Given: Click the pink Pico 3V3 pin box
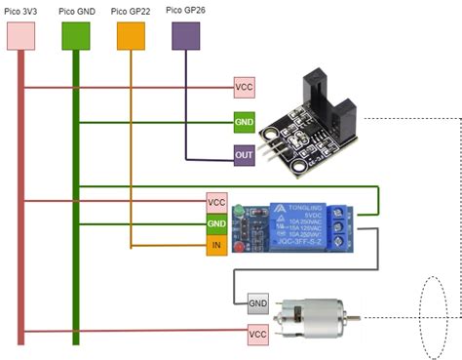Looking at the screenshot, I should [21, 36].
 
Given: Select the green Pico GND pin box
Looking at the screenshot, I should [75, 36].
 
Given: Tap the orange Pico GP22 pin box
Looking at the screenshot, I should [131, 36].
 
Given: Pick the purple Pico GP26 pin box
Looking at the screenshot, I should [185, 36].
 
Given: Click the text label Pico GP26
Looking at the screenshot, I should [185, 10].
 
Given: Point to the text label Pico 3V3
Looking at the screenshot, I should [21, 10].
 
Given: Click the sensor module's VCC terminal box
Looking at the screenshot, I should [244, 88].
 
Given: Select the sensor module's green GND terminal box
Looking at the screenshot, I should [244, 123].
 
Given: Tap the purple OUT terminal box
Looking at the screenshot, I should [244, 155].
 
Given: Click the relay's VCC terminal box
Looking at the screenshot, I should [216, 202].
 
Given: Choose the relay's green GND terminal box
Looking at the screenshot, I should [216, 224].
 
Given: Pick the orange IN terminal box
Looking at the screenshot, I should [216, 246].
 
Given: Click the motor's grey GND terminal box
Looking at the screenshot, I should [258, 302].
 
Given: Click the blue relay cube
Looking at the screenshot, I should [292, 224].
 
